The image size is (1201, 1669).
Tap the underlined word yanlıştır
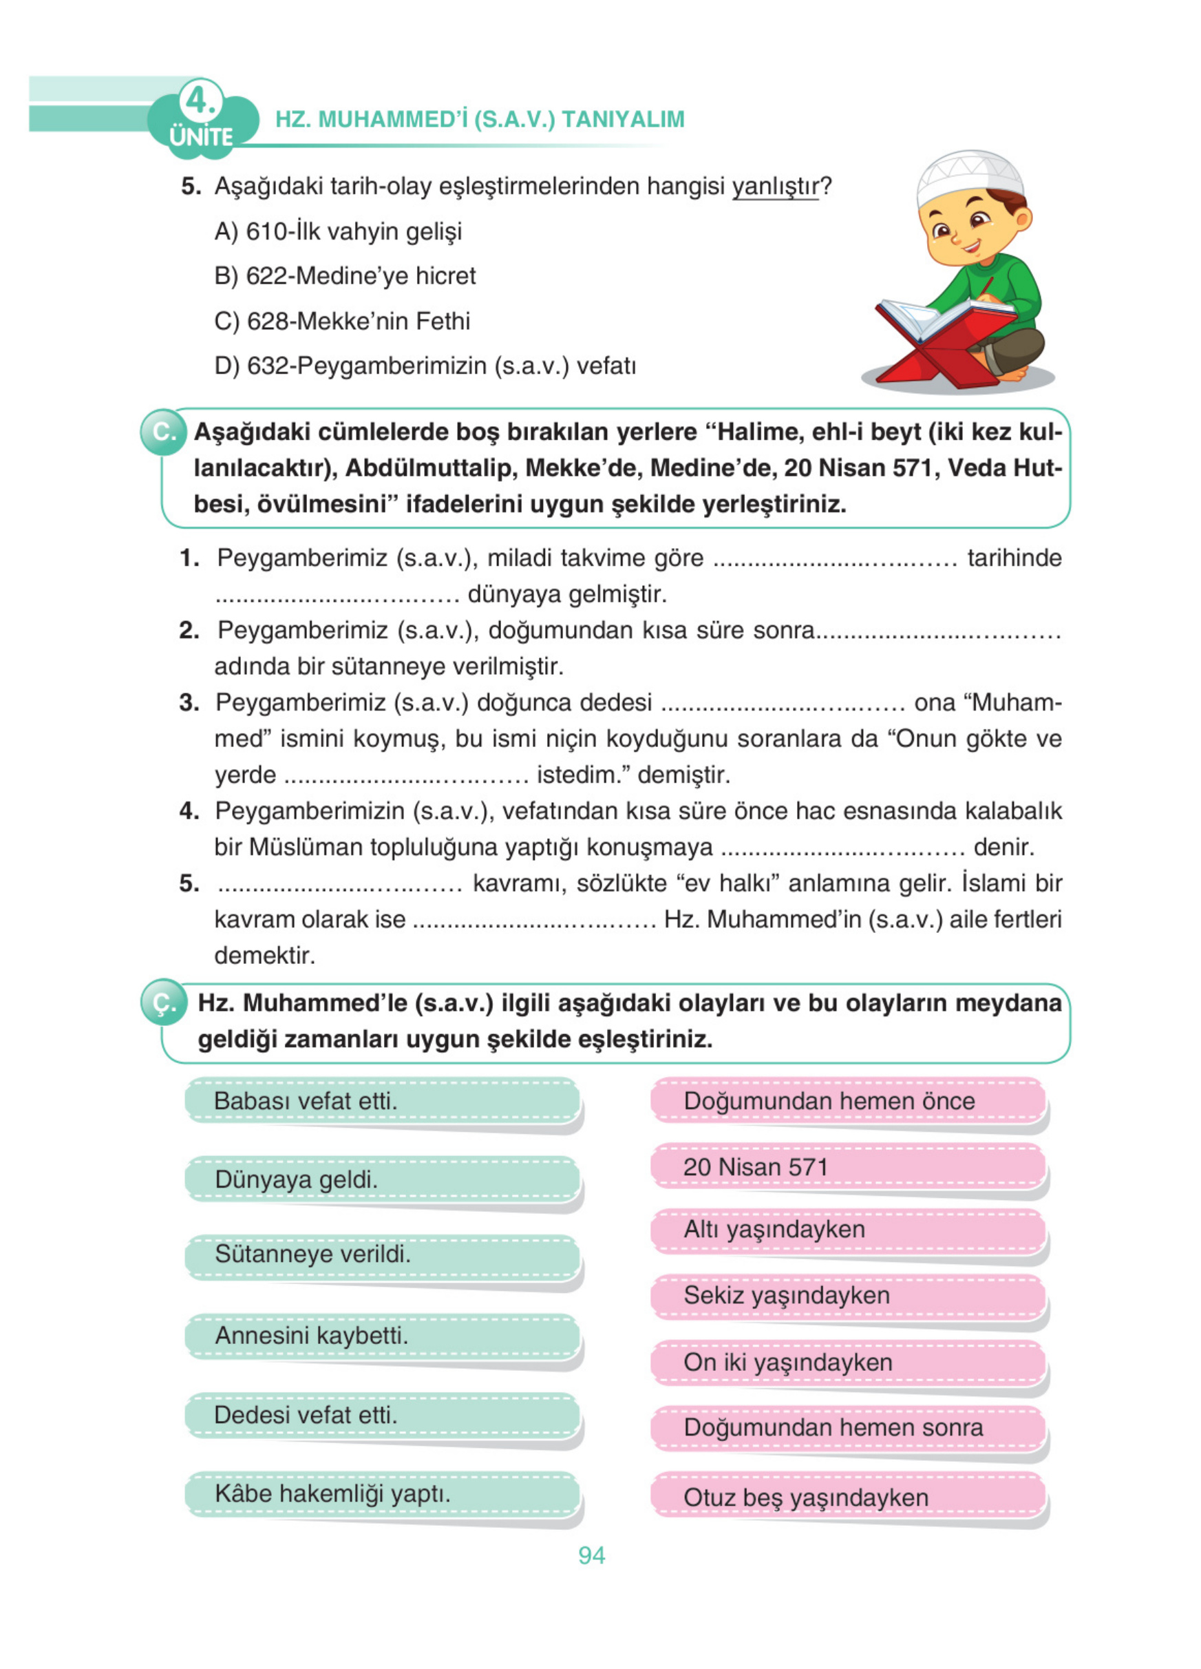click(x=774, y=187)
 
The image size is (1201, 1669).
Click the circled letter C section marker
click(x=163, y=432)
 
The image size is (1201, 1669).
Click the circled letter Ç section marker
click(x=163, y=1003)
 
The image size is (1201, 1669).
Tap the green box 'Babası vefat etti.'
click(x=383, y=1102)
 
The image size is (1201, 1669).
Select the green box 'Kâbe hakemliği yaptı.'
click(x=383, y=1495)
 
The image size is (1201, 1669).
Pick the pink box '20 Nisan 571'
click(x=848, y=1167)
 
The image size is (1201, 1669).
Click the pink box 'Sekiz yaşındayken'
click(x=848, y=1296)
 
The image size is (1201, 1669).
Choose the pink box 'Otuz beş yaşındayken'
click(x=848, y=1498)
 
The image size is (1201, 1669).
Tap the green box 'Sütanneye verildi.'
click(x=383, y=1254)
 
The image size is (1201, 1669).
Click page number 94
click(x=591, y=1555)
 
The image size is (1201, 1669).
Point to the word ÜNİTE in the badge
click(x=201, y=137)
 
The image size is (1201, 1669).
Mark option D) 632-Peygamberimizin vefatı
click(x=425, y=366)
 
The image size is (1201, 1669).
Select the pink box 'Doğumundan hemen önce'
click(x=848, y=1102)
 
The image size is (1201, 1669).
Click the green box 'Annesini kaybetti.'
click(x=383, y=1336)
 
